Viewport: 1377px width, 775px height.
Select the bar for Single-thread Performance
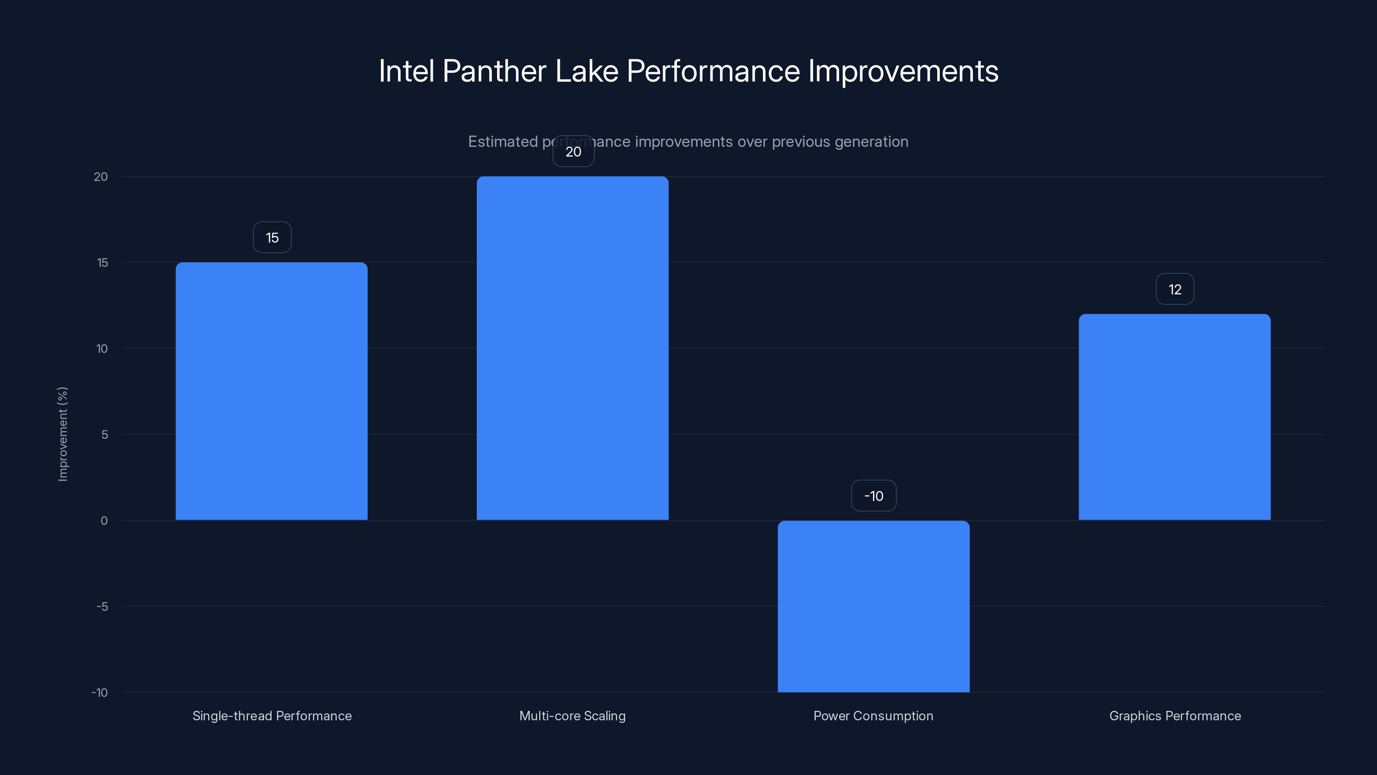coord(272,391)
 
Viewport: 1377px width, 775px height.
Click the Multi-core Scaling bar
coord(572,348)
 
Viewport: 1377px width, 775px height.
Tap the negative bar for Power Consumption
coord(874,606)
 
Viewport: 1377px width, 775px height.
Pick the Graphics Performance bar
coord(1174,417)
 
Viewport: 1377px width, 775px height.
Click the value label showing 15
coord(272,238)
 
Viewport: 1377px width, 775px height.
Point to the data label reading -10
coord(874,496)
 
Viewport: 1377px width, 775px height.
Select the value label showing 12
coord(1174,289)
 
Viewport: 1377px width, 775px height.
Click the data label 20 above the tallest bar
coord(573,152)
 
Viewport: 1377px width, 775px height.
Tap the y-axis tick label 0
coord(104,521)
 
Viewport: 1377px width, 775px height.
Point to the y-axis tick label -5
coord(102,607)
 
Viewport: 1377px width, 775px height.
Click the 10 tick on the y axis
coord(102,349)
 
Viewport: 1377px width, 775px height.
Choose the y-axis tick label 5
coord(105,435)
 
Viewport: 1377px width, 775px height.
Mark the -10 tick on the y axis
coord(99,693)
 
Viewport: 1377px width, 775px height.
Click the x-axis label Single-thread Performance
coord(272,716)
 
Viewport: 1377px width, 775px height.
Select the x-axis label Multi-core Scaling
coord(572,716)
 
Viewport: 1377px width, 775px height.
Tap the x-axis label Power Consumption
coord(874,716)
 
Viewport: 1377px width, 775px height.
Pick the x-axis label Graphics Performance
coord(1175,716)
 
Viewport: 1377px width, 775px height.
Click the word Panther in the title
coord(494,71)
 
